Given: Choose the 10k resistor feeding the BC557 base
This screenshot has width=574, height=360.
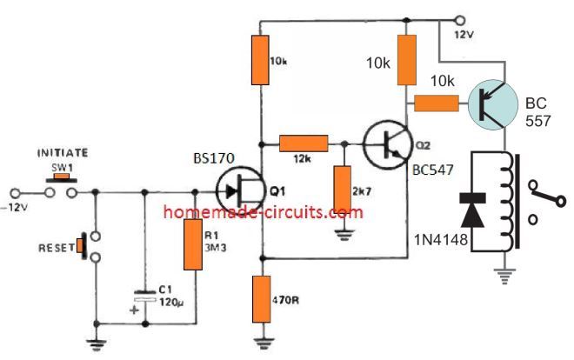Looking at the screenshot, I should coord(436,103).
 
